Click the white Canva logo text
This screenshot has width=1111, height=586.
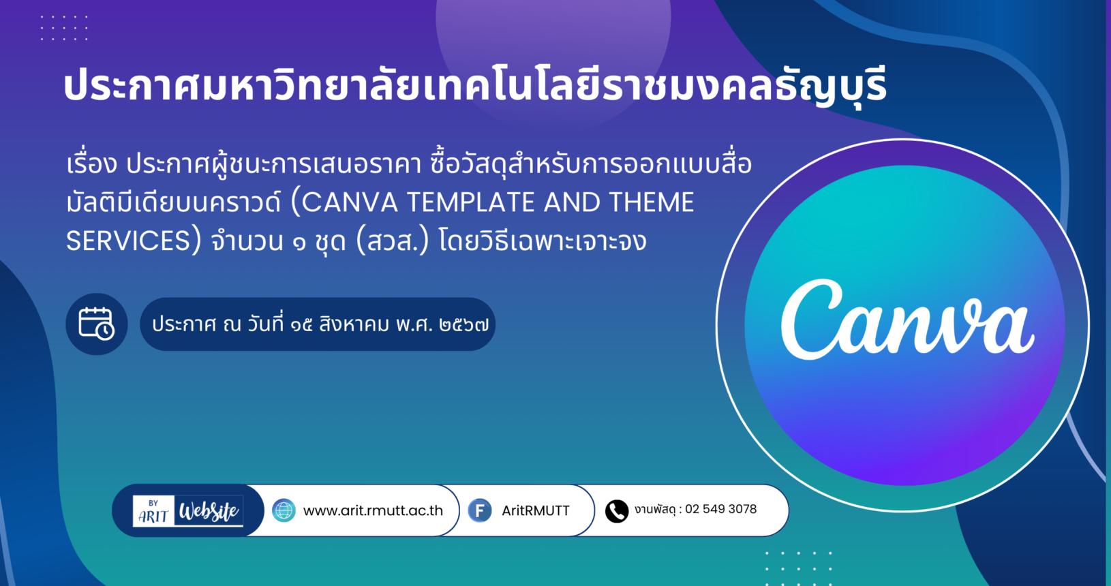click(x=907, y=320)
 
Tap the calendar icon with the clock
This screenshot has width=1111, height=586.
click(x=97, y=324)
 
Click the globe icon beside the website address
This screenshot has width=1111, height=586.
click(x=284, y=510)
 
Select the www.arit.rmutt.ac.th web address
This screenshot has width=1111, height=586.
click(x=373, y=510)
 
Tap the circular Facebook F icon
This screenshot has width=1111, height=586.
click(x=480, y=510)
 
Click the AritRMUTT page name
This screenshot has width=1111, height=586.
click(x=536, y=510)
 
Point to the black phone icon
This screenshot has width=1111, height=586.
click(x=617, y=511)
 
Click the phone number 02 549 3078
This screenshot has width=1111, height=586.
click(x=720, y=509)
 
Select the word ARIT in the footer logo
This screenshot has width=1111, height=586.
click(x=153, y=516)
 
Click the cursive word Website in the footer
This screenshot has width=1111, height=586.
click(x=209, y=511)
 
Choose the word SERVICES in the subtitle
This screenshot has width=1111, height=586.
click(x=128, y=241)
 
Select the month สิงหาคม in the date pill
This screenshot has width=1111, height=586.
click(x=354, y=324)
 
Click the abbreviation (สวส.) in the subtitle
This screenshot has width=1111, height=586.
click(x=393, y=241)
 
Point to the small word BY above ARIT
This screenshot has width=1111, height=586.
click(x=153, y=503)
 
